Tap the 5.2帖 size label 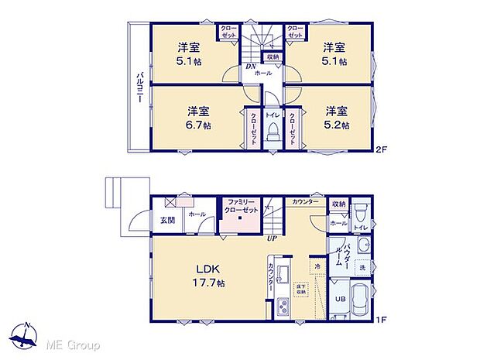(x=336, y=118)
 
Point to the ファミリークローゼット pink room (x=240, y=216)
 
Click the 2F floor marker (x=382, y=148)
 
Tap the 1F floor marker (x=382, y=317)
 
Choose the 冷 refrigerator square (x=317, y=266)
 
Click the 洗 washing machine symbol (x=362, y=267)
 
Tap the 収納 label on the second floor (x=273, y=57)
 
